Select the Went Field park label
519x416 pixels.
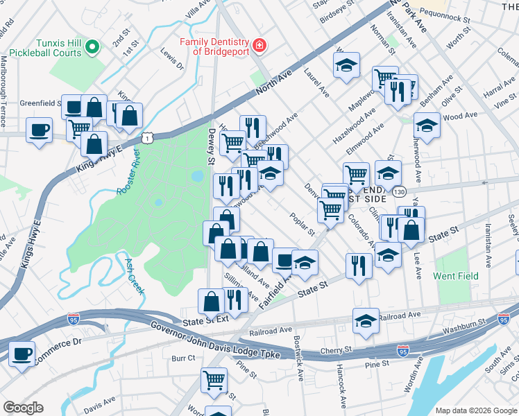pos(456,276)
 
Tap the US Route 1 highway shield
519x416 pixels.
pos(147,138)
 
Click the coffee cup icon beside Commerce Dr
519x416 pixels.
pos(22,354)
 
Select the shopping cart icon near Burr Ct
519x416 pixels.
pos(214,379)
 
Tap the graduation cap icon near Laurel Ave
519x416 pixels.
pos(346,66)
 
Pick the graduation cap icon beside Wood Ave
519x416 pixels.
pos(427,125)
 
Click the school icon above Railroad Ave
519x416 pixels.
pos(366,321)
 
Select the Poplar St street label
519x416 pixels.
pos(303,224)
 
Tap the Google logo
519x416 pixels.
pos(23,408)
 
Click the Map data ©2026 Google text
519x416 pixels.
pos(475,410)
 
